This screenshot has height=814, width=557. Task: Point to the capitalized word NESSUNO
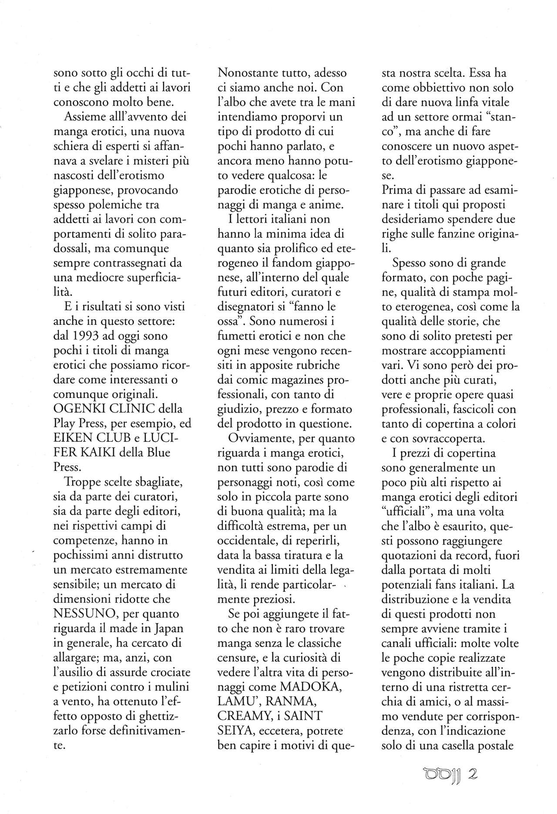[85, 614]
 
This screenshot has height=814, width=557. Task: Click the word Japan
[168, 628]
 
